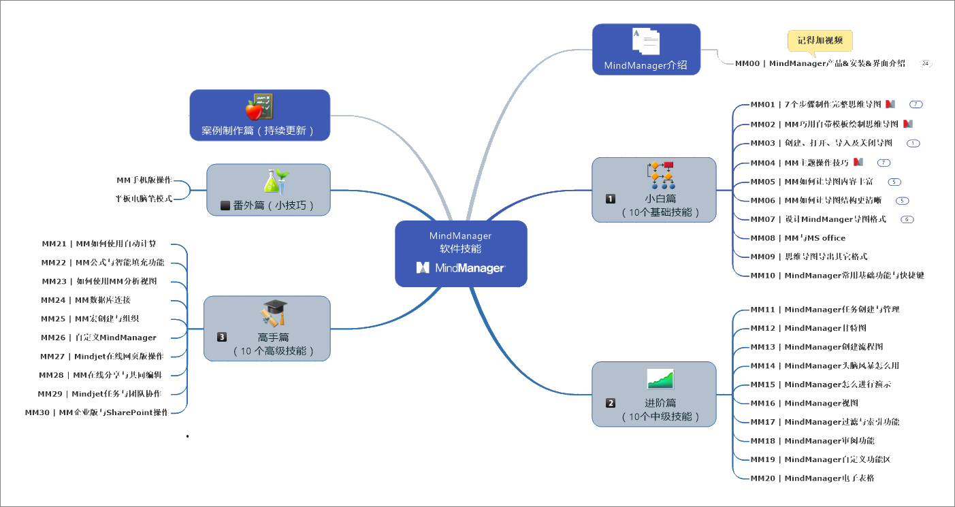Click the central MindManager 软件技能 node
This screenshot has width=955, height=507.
tap(461, 253)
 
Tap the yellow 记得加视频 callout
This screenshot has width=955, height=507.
tap(820, 41)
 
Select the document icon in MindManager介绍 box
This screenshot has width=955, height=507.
tap(645, 42)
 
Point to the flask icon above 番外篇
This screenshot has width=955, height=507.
tap(276, 181)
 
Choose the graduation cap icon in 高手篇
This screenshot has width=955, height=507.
tap(274, 313)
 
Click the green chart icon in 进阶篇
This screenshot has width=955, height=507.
tap(660, 378)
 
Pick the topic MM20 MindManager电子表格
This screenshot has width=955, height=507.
tap(812, 478)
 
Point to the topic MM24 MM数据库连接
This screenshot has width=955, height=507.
tap(86, 300)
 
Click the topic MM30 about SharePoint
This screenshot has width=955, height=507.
tap(96, 412)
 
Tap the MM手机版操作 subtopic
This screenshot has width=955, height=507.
tap(144, 180)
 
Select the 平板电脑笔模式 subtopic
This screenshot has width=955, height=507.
tap(144, 199)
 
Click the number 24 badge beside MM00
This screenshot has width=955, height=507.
tap(925, 63)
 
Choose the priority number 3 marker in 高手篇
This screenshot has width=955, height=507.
tap(222, 336)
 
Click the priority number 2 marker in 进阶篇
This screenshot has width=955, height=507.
tap(611, 403)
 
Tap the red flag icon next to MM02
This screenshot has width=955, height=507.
tap(907, 124)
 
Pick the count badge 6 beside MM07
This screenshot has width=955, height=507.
tap(907, 219)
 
